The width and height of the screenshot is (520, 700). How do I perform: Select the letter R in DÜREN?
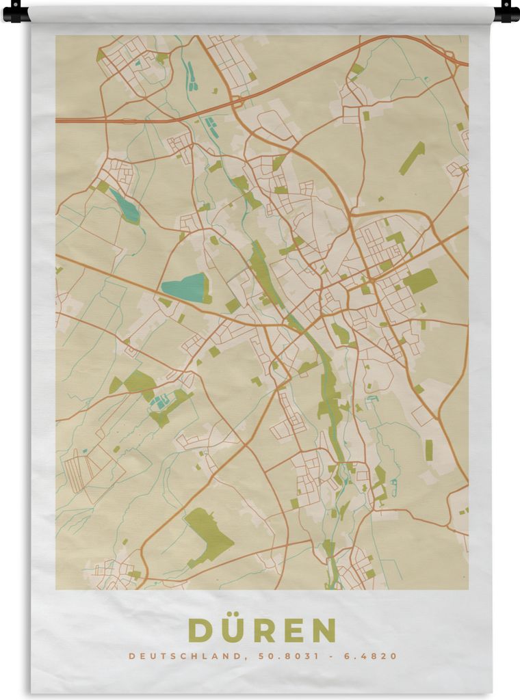pyautogui.click(x=262, y=630)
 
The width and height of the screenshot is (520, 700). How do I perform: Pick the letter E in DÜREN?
pyautogui.click(x=291, y=630)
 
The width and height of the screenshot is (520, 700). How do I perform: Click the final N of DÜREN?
pyautogui.click(x=322, y=630)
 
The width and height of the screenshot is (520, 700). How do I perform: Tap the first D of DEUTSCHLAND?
pyautogui.click(x=132, y=656)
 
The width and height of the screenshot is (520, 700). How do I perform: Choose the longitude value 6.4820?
pyautogui.click(x=370, y=656)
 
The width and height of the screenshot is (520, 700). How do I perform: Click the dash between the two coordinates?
pyautogui.click(x=328, y=656)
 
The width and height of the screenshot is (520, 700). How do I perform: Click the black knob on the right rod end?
pyautogui.click(x=506, y=12)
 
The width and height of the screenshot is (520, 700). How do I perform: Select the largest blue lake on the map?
pyautogui.click(x=183, y=288)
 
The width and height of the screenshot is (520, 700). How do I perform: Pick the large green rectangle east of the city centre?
pyautogui.click(x=420, y=280)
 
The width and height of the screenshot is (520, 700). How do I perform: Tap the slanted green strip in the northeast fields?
pyautogui.click(x=412, y=158)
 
